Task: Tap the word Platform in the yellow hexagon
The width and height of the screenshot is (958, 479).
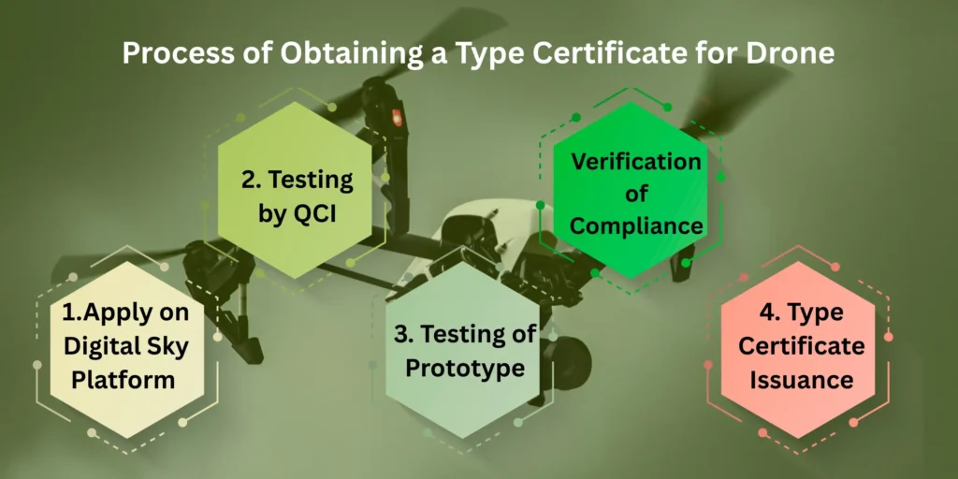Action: pyautogui.click(x=124, y=380)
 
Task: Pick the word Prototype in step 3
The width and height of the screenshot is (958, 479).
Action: pyautogui.click(x=465, y=368)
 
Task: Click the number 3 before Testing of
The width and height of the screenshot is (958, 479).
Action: pyautogui.click(x=400, y=334)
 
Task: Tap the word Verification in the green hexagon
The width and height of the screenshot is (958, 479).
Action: pyautogui.click(x=636, y=162)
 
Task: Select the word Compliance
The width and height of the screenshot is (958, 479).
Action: pyautogui.click(x=636, y=226)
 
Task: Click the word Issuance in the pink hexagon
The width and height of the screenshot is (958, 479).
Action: pyautogui.click(x=802, y=380)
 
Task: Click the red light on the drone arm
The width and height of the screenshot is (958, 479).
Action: pyautogui.click(x=397, y=117)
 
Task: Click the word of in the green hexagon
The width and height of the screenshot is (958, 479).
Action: pyautogui.click(x=636, y=195)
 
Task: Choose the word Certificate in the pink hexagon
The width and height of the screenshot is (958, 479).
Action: pyautogui.click(x=802, y=347)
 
